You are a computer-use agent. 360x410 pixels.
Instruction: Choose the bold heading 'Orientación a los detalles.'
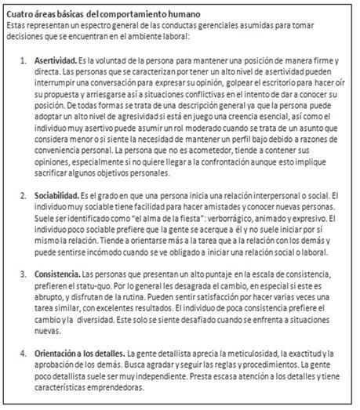pyautogui.click(x=79, y=354)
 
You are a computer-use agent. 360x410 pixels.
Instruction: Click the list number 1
pyautogui.click(x=23, y=61)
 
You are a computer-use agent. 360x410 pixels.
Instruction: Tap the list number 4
pyautogui.click(x=23, y=354)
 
